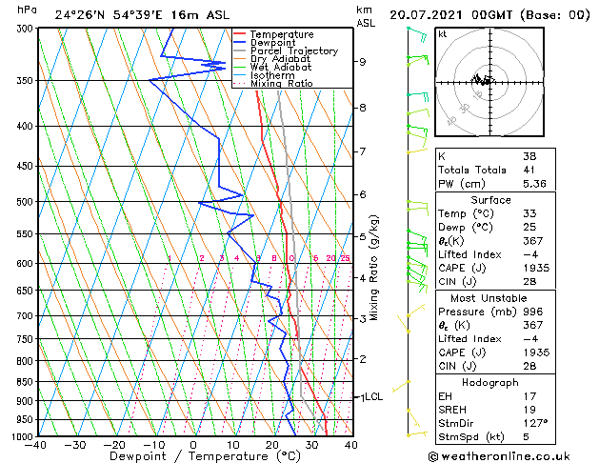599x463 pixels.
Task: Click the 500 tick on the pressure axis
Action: [x=24, y=202]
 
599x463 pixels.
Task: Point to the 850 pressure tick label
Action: [x=24, y=382]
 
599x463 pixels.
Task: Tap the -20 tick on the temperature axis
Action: [x=113, y=444]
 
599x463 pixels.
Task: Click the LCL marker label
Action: [x=373, y=396]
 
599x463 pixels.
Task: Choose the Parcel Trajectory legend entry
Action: [x=294, y=50]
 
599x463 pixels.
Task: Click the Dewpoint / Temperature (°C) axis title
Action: [x=193, y=456]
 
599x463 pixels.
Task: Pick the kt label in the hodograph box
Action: [x=442, y=33]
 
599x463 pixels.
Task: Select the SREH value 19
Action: [x=529, y=410]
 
